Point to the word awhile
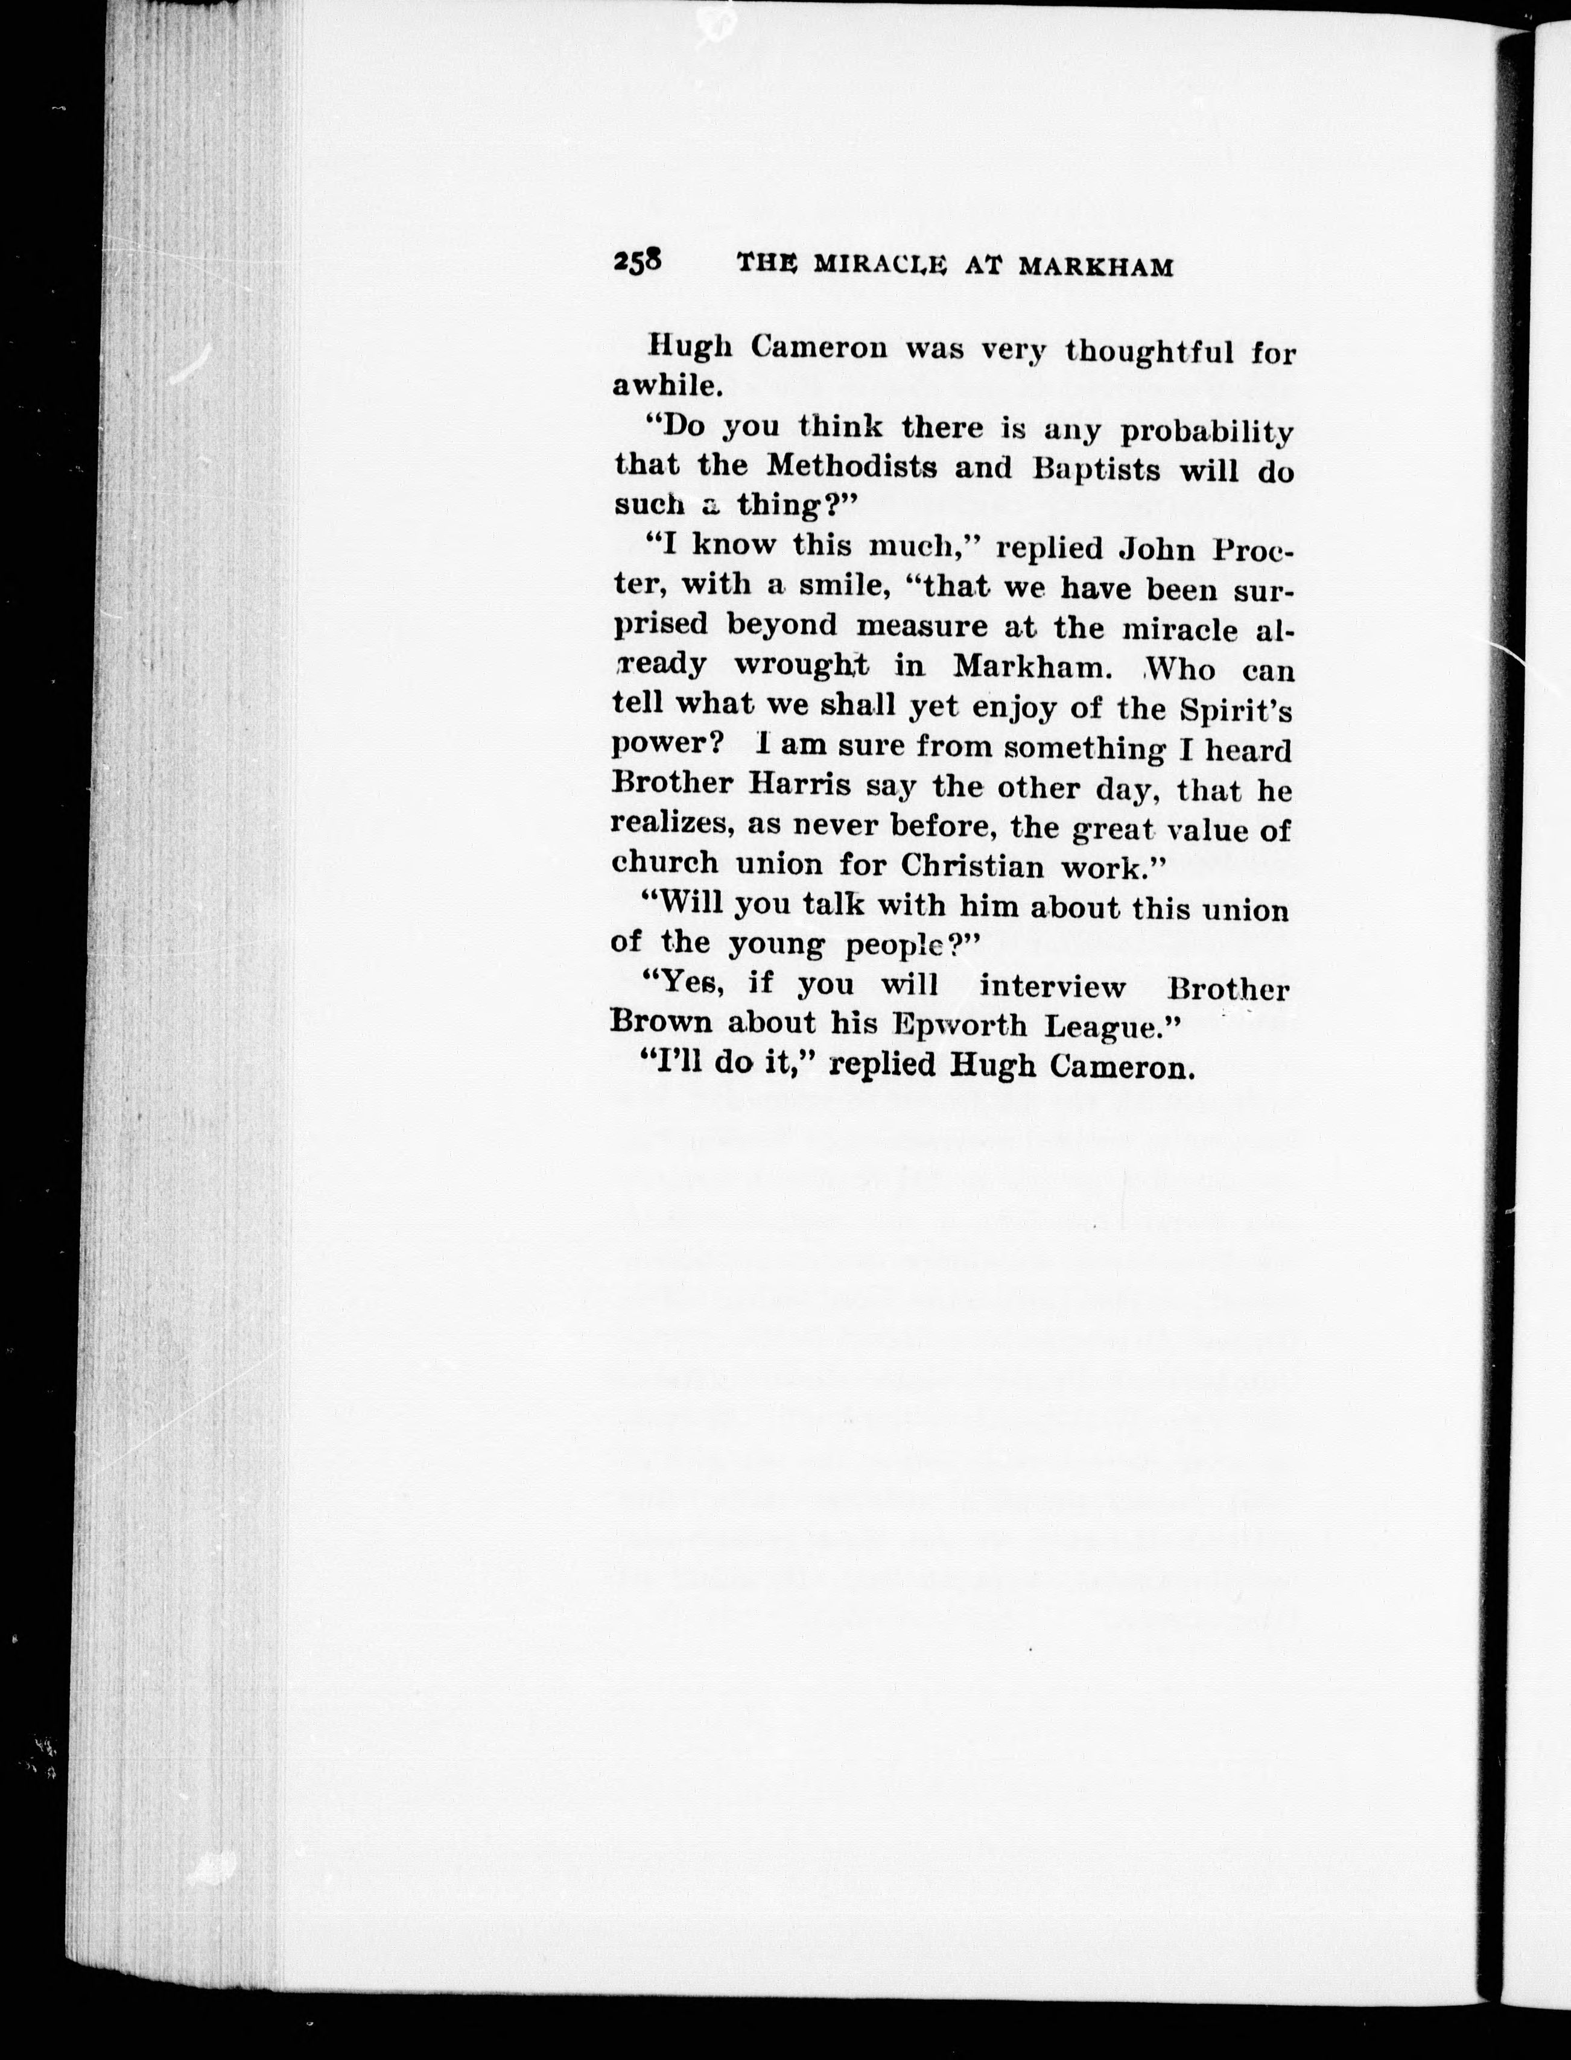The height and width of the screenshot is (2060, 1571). pyautogui.click(x=666, y=385)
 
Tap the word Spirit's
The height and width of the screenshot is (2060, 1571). pyautogui.click(x=1236, y=710)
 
